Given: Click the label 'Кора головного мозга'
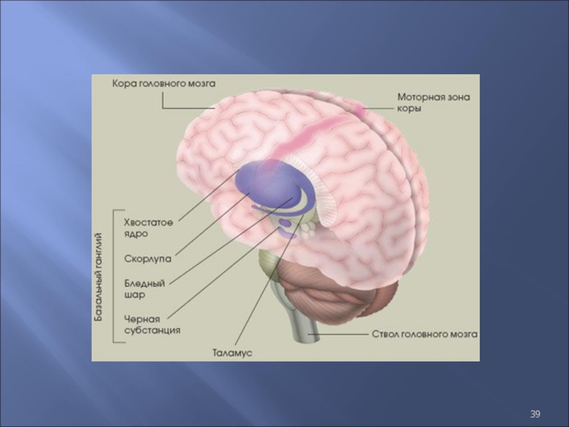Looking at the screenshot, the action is coord(163,83).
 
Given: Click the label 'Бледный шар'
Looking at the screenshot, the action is coord(144,288).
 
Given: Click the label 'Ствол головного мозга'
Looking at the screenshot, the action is coord(425,333).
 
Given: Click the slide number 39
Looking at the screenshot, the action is coord(536,413).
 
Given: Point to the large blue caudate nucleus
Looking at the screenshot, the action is coord(263,181).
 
